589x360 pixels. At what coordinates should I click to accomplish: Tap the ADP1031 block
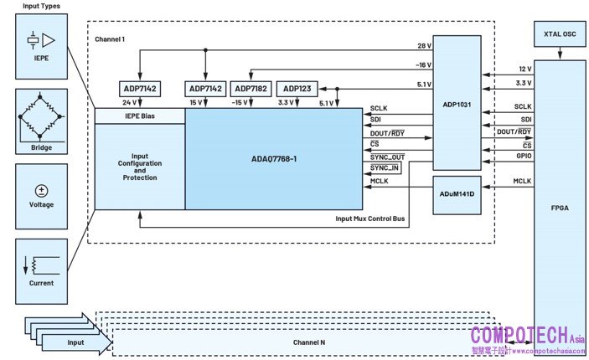(457, 105)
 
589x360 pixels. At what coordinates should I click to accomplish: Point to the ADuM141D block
(457, 193)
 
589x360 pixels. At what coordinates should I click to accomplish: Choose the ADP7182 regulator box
(251, 89)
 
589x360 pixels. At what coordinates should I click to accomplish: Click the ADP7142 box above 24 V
(140, 89)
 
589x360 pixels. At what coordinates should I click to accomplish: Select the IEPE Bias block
(138, 115)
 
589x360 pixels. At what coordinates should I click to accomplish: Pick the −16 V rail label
(423, 64)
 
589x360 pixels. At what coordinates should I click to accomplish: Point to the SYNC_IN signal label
(384, 169)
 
